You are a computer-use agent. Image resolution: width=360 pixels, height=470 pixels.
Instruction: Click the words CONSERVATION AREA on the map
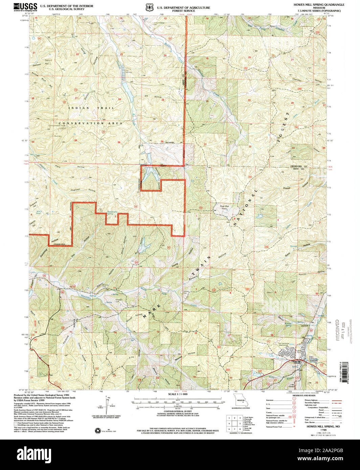pyautogui.click(x=90, y=123)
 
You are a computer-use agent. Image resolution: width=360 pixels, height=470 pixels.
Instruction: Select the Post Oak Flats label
pyautogui.click(x=225, y=208)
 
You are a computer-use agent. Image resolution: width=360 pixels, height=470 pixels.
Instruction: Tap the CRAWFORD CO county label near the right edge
pyautogui.click(x=299, y=166)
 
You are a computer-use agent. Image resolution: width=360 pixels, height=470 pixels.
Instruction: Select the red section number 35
pyautogui.click(x=118, y=142)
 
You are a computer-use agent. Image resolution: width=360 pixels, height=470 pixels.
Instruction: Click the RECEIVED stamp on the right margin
pyautogui.click(x=337, y=330)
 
